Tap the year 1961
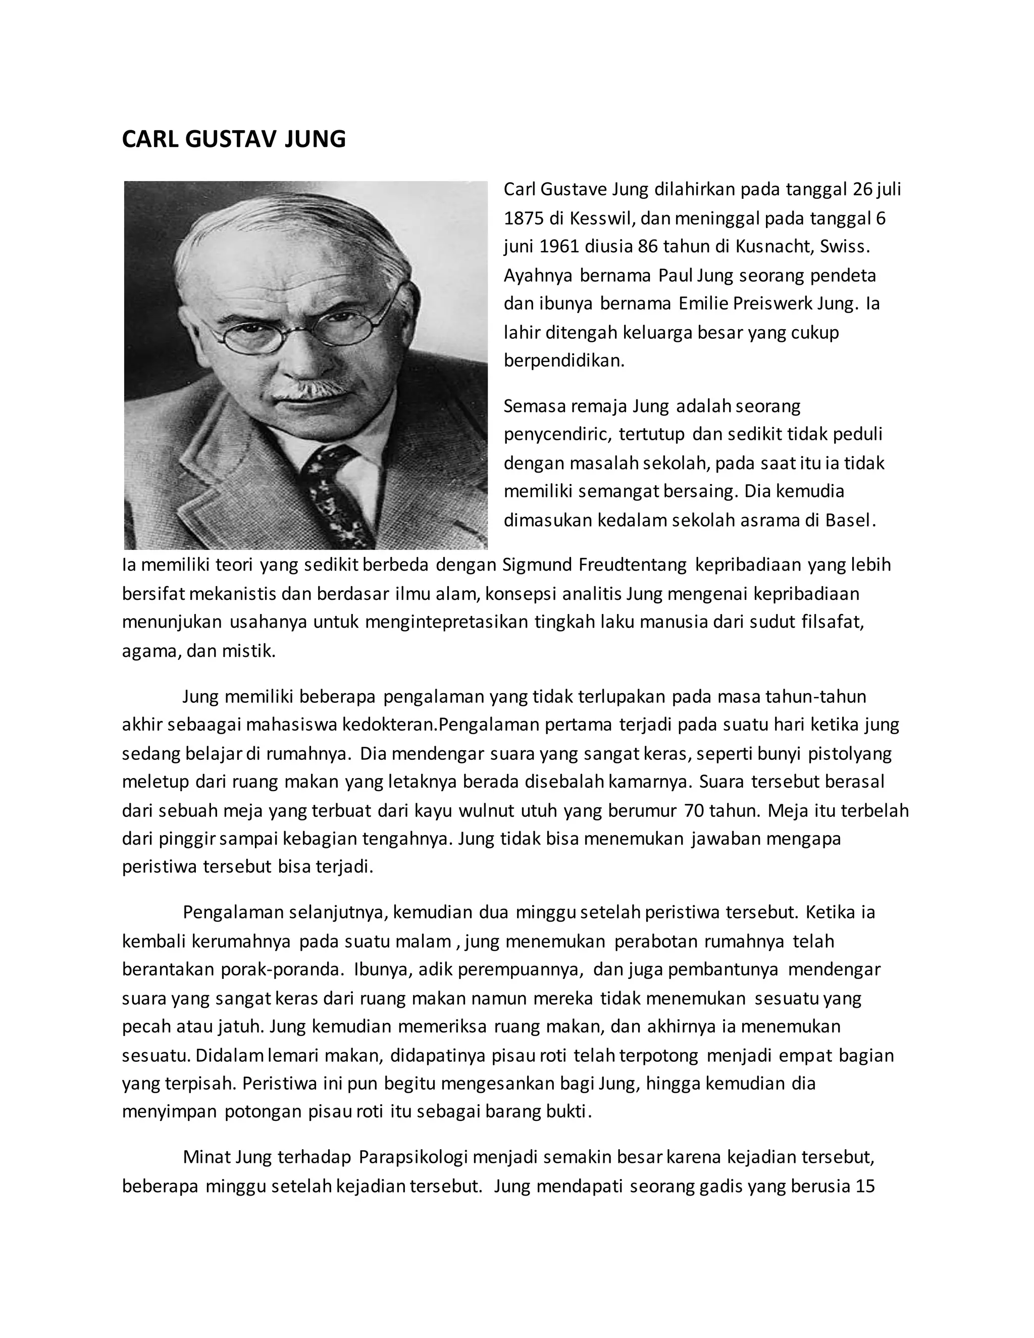click(559, 246)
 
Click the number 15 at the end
click(864, 1186)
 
